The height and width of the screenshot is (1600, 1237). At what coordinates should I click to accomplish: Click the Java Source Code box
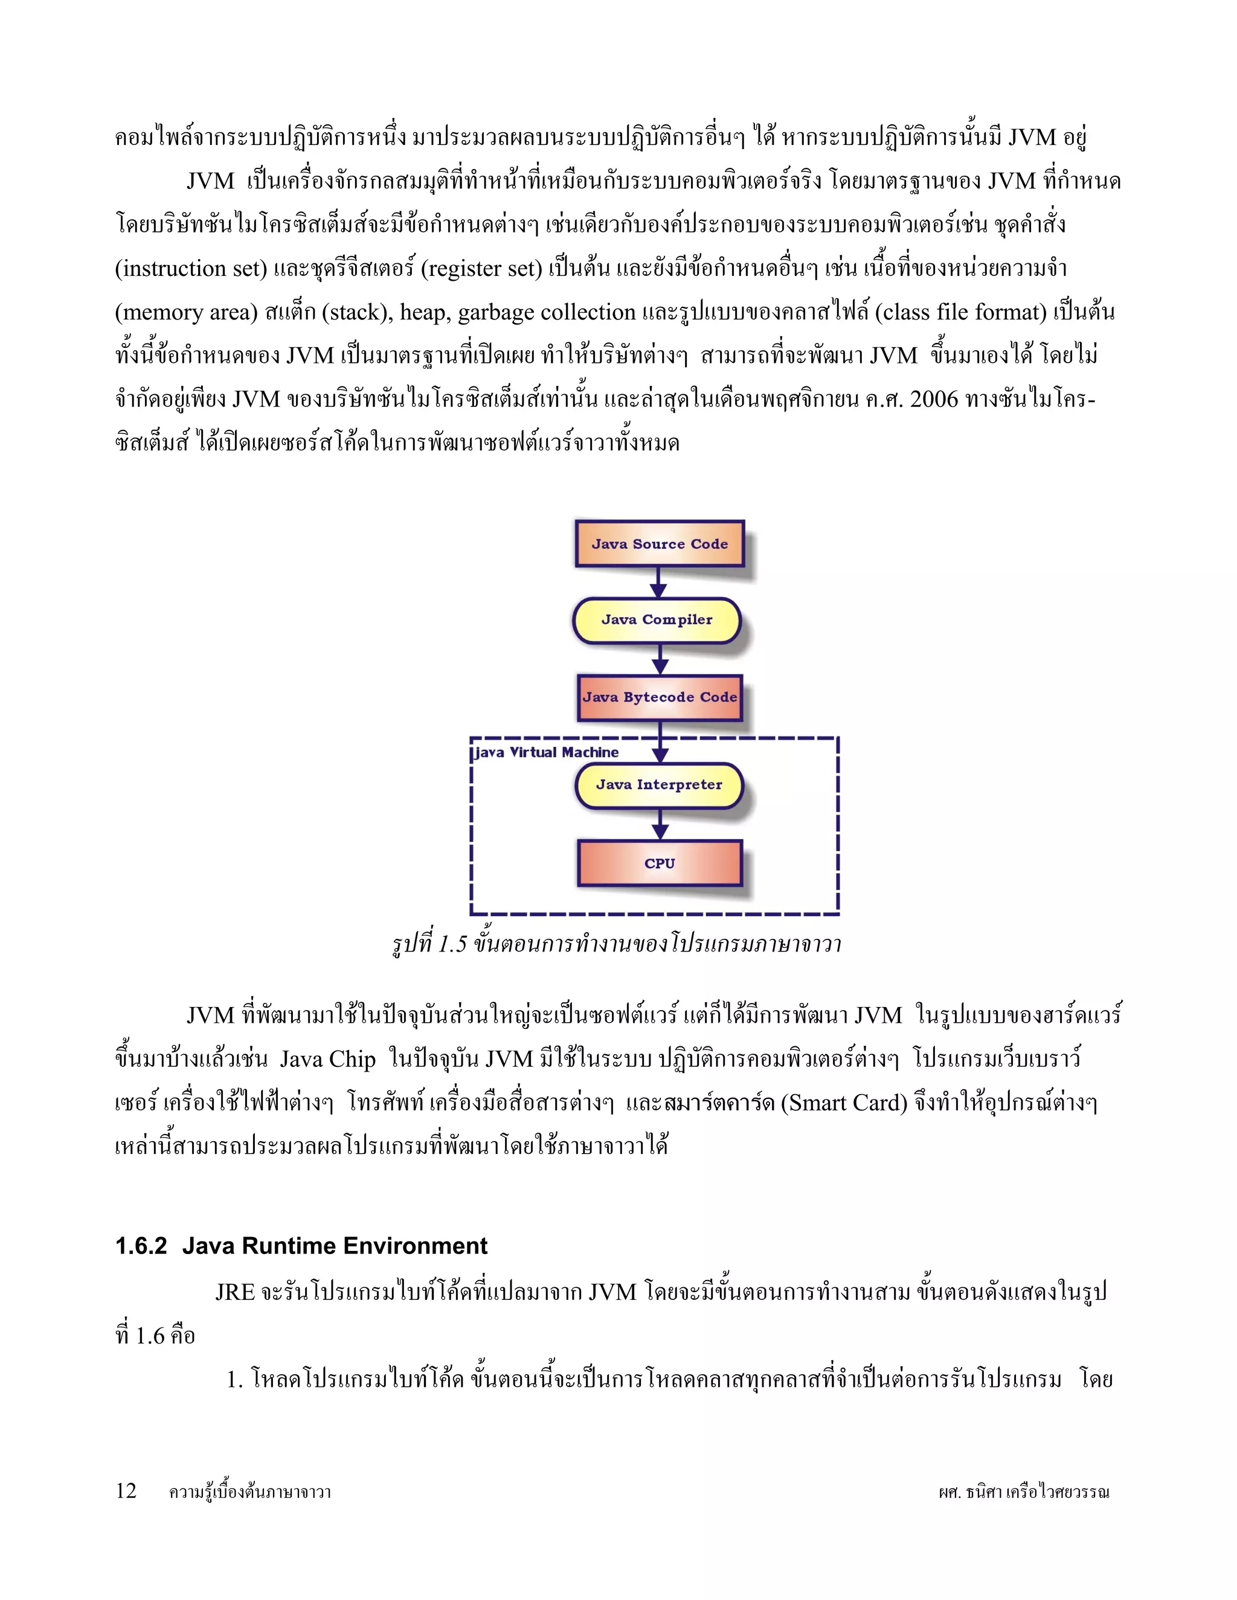(660, 543)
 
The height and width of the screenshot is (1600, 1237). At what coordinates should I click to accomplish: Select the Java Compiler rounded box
(657, 621)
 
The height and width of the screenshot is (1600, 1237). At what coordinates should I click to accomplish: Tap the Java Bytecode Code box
(660, 697)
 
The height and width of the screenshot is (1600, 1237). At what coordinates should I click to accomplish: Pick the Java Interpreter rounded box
(659, 786)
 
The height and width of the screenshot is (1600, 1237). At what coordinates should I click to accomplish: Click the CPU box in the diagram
(660, 863)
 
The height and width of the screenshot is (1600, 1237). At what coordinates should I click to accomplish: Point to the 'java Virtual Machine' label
(546, 752)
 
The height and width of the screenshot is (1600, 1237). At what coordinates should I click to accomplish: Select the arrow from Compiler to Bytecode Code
(660, 659)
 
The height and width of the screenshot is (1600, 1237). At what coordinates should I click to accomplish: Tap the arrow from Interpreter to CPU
(660, 824)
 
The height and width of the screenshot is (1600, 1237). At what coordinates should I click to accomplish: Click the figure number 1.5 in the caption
(452, 944)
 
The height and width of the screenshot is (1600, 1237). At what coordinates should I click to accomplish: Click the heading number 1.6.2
(141, 1246)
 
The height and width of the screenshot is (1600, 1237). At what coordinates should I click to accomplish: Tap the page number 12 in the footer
(126, 1490)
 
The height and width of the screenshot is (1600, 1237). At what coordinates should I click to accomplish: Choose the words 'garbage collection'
(547, 313)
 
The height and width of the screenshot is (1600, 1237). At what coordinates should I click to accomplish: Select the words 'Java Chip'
(327, 1060)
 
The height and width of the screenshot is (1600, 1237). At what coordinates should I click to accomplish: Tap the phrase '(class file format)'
(961, 313)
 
